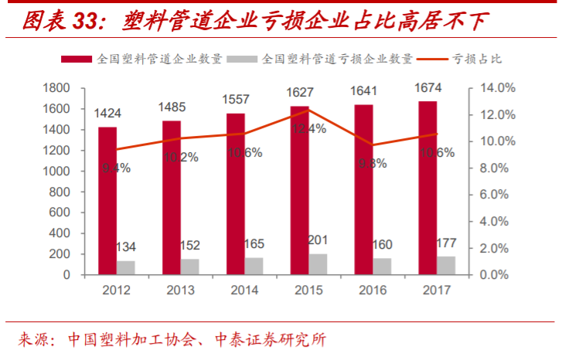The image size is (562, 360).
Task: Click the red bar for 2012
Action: pyautogui.click(x=107, y=201)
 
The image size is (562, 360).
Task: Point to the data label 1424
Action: pyautogui.click(x=107, y=114)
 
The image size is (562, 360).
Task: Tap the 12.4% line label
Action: pyautogui.click(x=306, y=128)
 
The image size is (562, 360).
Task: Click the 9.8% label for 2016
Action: pyautogui.click(x=370, y=163)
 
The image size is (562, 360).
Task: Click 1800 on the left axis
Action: pyautogui.click(x=56, y=88)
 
